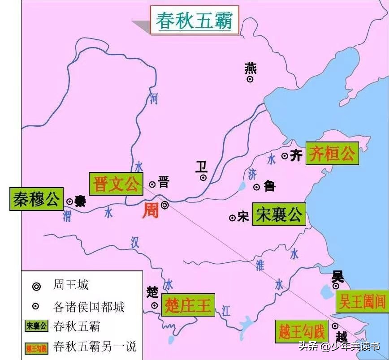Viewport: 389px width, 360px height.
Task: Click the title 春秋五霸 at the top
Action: click(x=194, y=20)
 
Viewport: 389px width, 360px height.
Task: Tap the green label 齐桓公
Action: click(x=332, y=154)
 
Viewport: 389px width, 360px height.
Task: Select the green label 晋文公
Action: click(x=116, y=184)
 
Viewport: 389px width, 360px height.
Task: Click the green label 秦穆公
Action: click(x=36, y=199)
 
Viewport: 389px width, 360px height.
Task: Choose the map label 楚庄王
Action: click(x=188, y=305)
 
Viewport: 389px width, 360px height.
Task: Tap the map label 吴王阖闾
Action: click(x=361, y=301)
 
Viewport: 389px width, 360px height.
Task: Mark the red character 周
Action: click(x=151, y=210)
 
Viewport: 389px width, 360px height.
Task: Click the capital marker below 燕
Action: click(x=250, y=79)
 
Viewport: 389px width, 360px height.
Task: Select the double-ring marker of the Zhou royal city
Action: click(x=165, y=206)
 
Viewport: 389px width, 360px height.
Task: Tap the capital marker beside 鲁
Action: click(x=257, y=187)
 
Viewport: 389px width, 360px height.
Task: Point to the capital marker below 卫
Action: click(x=203, y=177)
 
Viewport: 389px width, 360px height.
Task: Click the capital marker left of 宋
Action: click(x=233, y=218)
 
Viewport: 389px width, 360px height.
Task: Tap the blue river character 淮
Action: click(x=260, y=265)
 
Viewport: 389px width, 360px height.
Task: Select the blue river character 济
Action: click(x=252, y=174)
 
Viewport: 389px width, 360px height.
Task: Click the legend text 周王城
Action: click(x=71, y=285)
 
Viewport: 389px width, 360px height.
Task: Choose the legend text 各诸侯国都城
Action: click(x=89, y=307)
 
